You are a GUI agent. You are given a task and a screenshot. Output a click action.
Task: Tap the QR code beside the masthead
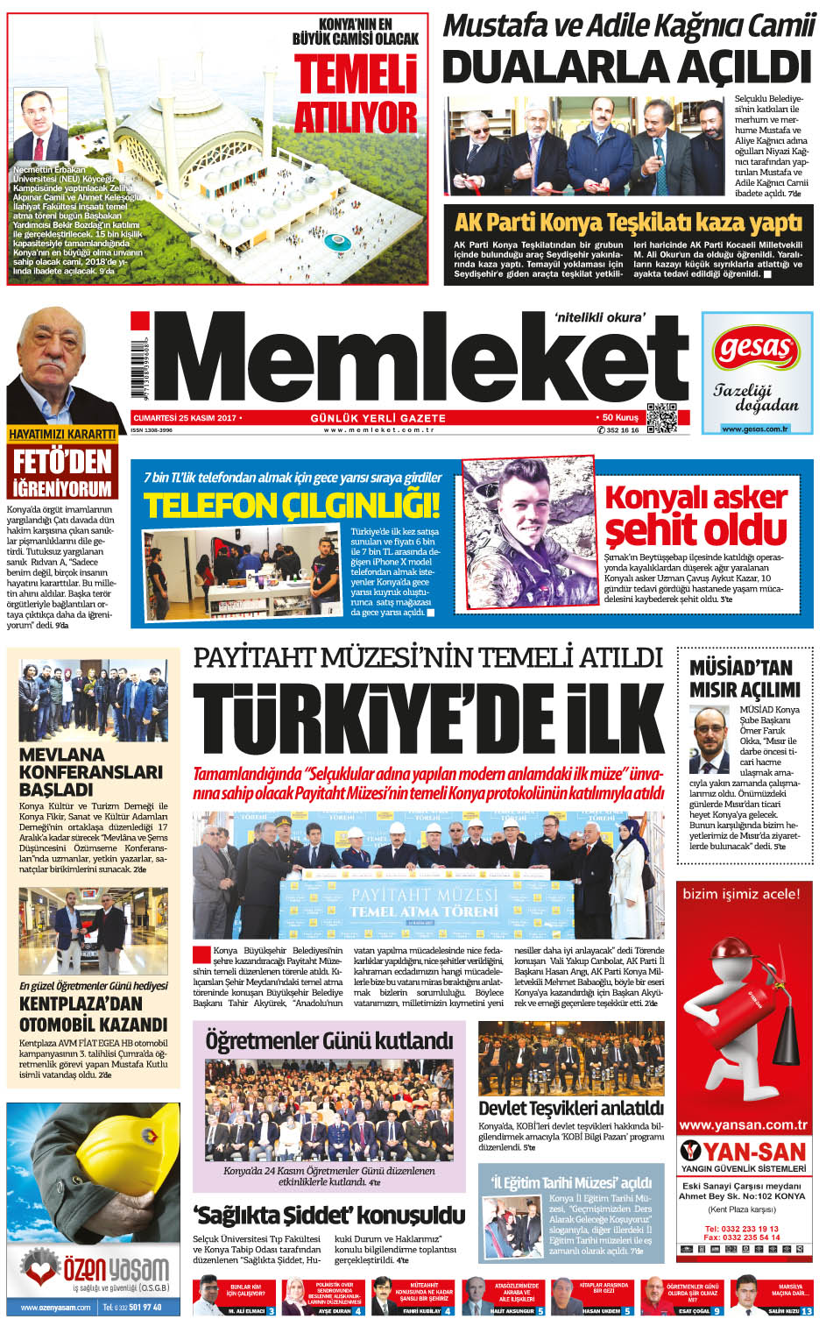(x=661, y=417)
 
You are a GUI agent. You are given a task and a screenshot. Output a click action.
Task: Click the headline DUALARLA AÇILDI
(x=626, y=67)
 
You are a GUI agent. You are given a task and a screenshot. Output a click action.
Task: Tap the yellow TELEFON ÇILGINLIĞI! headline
(x=292, y=506)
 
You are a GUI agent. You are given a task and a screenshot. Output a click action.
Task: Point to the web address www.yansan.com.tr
(x=744, y=1124)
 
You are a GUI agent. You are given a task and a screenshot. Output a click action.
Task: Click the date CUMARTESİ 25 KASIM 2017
(x=186, y=418)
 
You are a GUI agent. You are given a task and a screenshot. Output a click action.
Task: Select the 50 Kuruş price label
(x=620, y=418)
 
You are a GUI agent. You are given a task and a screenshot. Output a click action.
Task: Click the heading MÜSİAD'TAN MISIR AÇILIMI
(x=745, y=678)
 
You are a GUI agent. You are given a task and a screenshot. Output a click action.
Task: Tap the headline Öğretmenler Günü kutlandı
(x=328, y=1041)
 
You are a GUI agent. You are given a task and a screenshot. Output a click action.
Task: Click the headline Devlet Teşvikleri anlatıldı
(x=571, y=1109)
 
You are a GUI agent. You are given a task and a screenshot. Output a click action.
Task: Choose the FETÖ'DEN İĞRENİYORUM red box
(x=62, y=474)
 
